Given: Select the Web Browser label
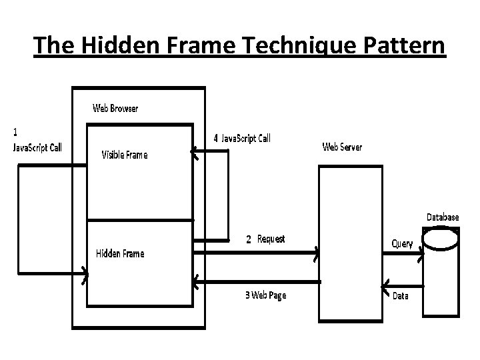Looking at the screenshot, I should click(x=115, y=108).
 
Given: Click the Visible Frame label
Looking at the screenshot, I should click(x=124, y=155).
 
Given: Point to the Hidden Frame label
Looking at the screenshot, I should click(x=120, y=253).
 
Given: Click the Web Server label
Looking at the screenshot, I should click(x=342, y=147).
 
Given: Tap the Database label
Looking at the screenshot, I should click(x=443, y=217).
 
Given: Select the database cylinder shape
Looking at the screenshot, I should click(x=442, y=270).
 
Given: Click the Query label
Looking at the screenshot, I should click(x=402, y=243).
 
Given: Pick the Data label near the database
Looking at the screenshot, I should click(x=400, y=296).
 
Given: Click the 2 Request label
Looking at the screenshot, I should click(x=265, y=239).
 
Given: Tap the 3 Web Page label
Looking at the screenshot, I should click(x=265, y=295).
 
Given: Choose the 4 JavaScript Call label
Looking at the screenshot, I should click(x=242, y=138).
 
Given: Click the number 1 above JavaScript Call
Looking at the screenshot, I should click(x=16, y=130).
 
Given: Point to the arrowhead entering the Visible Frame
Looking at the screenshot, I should click(x=194, y=153).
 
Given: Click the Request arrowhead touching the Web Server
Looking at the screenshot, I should click(x=316, y=252).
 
